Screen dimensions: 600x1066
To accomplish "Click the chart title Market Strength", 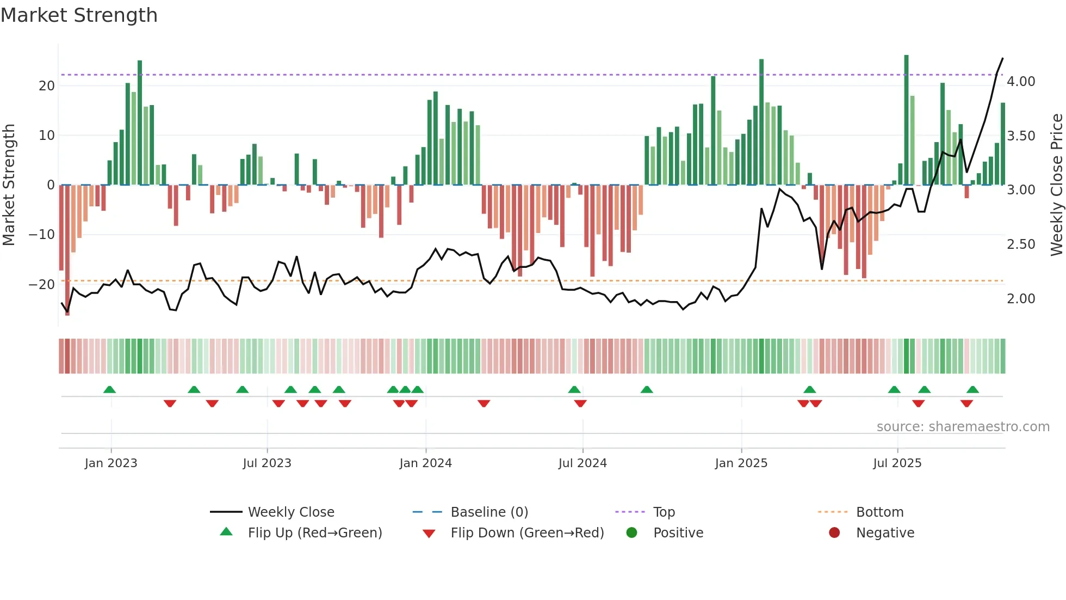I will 79,15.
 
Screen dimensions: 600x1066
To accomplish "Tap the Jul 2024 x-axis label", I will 582,463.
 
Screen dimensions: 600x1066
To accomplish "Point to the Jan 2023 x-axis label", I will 111,463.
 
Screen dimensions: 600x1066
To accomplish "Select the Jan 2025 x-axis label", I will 741,463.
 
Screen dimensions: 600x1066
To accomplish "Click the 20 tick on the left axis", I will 47,85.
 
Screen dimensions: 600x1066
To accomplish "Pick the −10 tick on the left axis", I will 42,235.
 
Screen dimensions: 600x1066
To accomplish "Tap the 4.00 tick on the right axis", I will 1021,82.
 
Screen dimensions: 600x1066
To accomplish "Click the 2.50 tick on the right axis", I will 1021,244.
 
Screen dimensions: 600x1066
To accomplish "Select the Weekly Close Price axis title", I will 1056,185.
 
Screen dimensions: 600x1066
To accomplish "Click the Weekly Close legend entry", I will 291,512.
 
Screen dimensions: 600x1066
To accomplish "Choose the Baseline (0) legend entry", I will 489,512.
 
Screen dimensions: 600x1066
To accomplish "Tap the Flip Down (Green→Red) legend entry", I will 526,533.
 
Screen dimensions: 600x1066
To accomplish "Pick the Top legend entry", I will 664,512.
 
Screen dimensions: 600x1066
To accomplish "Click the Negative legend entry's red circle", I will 834,533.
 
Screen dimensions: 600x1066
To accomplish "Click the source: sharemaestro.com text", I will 963,427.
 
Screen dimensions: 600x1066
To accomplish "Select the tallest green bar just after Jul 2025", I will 906,120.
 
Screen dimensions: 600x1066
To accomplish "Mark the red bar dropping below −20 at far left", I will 67,250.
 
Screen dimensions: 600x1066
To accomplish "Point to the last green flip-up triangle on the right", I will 972,390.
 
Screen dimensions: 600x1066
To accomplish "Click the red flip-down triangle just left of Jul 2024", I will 580,403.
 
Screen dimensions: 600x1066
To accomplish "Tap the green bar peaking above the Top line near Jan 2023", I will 140,123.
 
